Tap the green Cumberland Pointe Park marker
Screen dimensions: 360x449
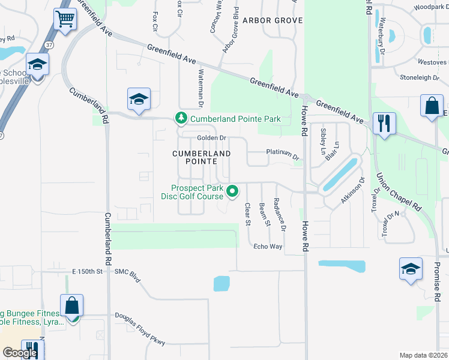pyautogui.click(x=179, y=118)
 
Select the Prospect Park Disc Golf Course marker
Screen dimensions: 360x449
pyautogui.click(x=233, y=191)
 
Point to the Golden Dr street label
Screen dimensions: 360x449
pyautogui.click(x=212, y=138)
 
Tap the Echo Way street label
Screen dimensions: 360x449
pyautogui.click(x=268, y=247)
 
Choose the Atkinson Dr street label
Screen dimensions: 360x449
pyautogui.click(x=354, y=190)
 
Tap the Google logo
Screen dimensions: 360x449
pyautogui.click(x=20, y=353)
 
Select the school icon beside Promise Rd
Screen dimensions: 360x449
pyautogui.click(x=411, y=269)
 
